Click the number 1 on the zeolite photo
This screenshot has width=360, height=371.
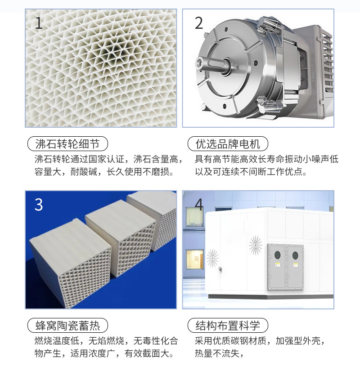tap(39, 23)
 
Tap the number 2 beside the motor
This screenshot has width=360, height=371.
tap(199, 23)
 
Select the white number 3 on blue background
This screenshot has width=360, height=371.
tap(39, 205)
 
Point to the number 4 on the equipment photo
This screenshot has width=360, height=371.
tap(199, 205)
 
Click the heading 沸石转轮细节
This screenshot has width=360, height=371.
tap(67, 144)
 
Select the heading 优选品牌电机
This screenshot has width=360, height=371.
tap(228, 144)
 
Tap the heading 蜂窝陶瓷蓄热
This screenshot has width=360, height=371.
tap(67, 326)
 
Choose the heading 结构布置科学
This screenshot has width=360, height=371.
tap(228, 326)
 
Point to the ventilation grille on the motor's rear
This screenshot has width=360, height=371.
tap(327, 63)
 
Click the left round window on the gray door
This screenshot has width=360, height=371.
tap(277, 255)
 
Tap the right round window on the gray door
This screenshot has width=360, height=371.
tap(295, 255)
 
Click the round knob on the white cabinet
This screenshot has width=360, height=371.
tap(220, 268)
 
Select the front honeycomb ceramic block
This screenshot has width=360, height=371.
tap(71, 263)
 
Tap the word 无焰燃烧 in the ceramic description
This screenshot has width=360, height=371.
tap(106, 341)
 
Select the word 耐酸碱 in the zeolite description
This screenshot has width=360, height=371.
tap(84, 171)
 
